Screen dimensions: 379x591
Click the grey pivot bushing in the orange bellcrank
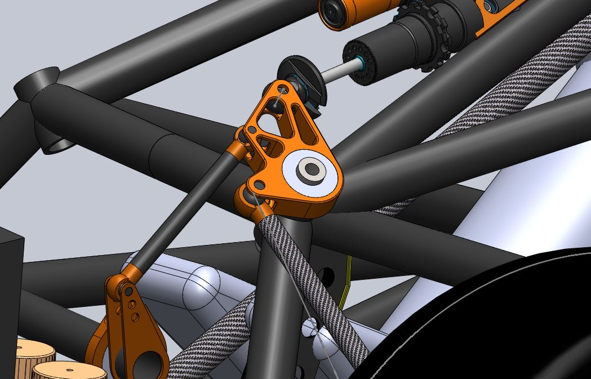point(310,168)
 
